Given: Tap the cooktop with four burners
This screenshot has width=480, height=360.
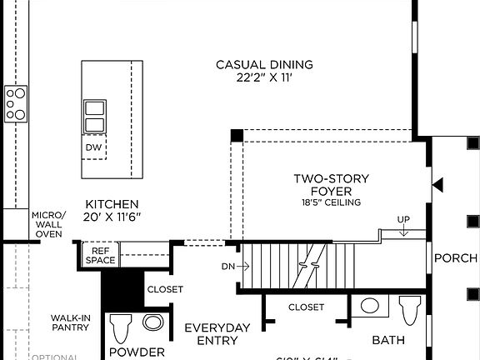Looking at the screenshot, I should [16, 104].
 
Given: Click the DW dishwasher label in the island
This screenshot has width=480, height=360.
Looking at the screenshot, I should [94, 148].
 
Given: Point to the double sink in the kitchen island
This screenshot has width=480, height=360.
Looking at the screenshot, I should [94, 117].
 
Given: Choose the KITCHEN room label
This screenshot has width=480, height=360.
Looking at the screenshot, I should [112, 204].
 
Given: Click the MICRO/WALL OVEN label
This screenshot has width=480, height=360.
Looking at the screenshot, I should [48, 224].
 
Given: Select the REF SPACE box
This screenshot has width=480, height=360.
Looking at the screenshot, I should [100, 255].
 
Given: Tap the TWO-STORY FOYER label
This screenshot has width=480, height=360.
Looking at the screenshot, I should [331, 185].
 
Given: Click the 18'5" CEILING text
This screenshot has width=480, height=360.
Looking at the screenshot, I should [331, 202].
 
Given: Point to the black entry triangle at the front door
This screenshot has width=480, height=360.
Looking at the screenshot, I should [437, 183].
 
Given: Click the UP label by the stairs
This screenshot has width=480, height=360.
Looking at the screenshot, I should [404, 220].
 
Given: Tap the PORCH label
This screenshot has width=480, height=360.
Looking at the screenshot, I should [456, 258].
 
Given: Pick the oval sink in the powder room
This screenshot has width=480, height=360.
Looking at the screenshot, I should [152, 322].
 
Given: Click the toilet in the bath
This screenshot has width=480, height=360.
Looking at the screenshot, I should [408, 310].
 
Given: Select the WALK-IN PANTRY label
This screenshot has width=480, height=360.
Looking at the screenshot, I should [70, 322].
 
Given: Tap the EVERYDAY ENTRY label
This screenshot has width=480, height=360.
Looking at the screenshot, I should [217, 333].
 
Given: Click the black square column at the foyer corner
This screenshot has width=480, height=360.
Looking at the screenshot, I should [237, 135].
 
